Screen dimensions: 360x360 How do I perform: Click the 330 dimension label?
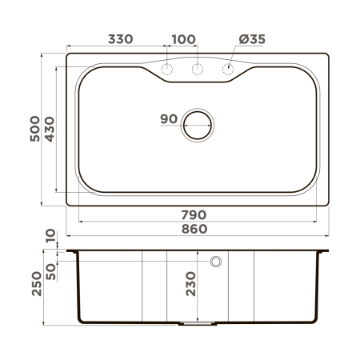pyautogui.click(x=120, y=39)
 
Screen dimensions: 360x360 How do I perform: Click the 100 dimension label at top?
pyautogui.click(x=183, y=39)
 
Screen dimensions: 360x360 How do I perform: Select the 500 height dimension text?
pyautogui.click(x=34, y=126)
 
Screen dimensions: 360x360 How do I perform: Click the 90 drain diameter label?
pyautogui.click(x=168, y=119)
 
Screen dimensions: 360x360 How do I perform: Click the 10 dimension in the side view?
pyautogui.click(x=50, y=237)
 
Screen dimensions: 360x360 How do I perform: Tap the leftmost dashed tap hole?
pyautogui.click(x=167, y=70)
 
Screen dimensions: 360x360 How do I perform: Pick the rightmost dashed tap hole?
pyautogui.click(x=228, y=70)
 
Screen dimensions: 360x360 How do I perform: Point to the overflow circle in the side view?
pyautogui.click(x=215, y=262)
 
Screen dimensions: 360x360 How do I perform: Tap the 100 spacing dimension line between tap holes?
pyautogui.click(x=182, y=50)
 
